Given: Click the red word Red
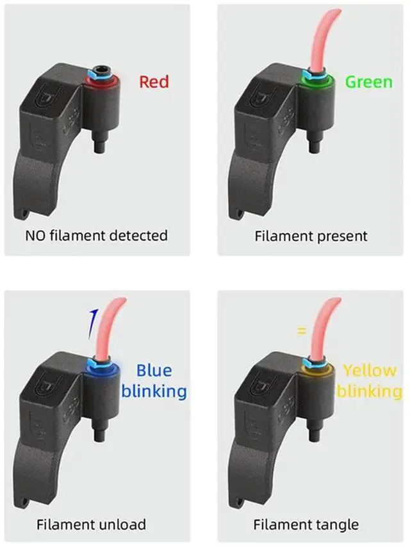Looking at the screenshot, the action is [x=154, y=82].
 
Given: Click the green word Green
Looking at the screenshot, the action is [x=368, y=82].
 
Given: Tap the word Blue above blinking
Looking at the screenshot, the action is [x=154, y=370].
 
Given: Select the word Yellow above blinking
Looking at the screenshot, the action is [x=370, y=370].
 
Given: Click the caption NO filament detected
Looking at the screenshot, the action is [x=97, y=235].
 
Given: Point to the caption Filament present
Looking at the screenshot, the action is [x=311, y=235].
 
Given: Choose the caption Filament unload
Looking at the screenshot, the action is [x=91, y=524].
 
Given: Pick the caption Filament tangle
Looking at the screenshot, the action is [x=306, y=524].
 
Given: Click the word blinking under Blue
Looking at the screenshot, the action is [x=154, y=391].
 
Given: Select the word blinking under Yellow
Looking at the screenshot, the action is [x=370, y=391].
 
